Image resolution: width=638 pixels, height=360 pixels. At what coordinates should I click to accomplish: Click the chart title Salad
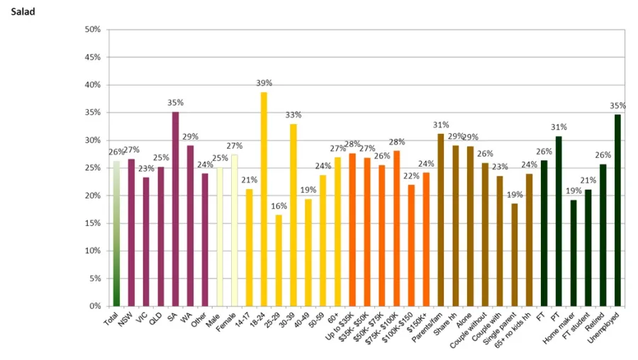click(23, 12)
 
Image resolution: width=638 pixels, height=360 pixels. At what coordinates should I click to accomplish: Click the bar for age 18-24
click(264, 198)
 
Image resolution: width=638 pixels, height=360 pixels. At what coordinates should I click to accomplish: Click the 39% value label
click(264, 84)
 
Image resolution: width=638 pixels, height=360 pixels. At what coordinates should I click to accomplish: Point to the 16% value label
click(279, 206)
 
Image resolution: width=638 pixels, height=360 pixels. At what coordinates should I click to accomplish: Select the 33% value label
click(293, 115)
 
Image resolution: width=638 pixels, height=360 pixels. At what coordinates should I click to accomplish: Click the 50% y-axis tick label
click(92, 30)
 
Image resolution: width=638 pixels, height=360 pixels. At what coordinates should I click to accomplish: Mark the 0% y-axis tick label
click(94, 306)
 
